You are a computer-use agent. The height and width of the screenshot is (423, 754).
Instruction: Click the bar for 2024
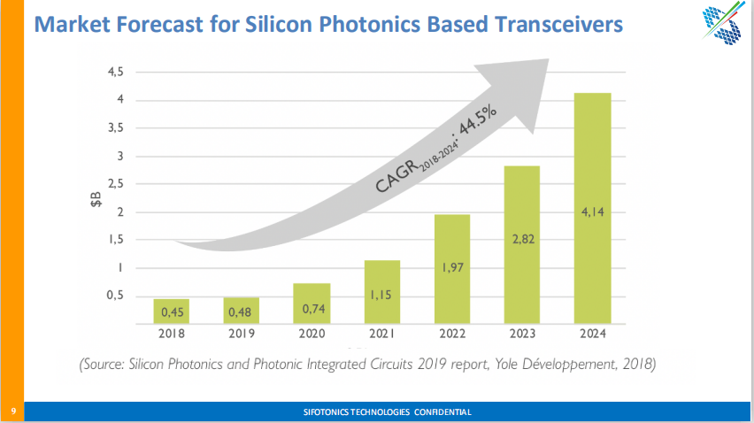pos(592,208)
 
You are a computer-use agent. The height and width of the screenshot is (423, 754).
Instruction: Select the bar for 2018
pos(171,311)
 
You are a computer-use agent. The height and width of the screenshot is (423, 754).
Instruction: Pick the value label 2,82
pos(522,240)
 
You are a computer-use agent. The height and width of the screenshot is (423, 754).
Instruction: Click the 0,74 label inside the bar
pos(312,309)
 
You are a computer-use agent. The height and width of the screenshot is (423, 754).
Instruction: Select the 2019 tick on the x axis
pos(241,335)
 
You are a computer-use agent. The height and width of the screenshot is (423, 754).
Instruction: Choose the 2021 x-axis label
pos(381,335)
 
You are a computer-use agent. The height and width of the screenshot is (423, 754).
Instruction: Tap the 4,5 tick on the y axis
pos(115,72)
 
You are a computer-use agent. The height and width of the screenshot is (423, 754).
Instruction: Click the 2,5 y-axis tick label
pos(115,184)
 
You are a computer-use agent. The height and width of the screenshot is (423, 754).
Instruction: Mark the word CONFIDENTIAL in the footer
pos(440,411)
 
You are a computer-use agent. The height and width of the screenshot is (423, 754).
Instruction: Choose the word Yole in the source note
pos(489,364)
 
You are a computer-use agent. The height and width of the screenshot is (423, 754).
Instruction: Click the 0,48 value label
pos(241,311)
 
